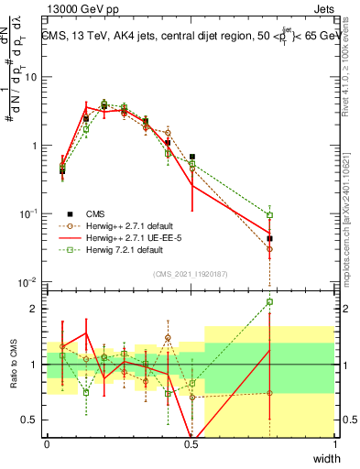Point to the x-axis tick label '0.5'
191,444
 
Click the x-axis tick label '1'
335,444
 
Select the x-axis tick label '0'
48,444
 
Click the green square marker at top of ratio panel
269,301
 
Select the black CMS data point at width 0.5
192,157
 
